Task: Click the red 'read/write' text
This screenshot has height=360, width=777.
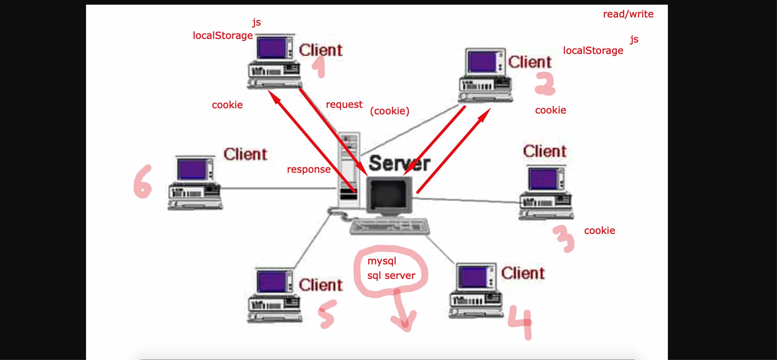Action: (x=628, y=14)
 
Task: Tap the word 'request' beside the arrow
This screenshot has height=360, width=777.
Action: (x=344, y=105)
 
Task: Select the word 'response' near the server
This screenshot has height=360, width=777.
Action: (x=309, y=169)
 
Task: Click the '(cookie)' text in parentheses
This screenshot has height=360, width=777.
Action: (x=390, y=111)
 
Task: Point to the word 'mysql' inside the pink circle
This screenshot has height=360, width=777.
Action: (x=382, y=261)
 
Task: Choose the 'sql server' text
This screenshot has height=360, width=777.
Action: (x=391, y=276)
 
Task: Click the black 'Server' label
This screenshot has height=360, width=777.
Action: (x=399, y=163)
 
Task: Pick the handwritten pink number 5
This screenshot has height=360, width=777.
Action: (x=327, y=314)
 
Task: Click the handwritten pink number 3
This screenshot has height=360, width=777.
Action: (x=564, y=238)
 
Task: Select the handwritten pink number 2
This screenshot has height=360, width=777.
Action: (x=545, y=84)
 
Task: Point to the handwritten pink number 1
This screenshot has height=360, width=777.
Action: (x=320, y=66)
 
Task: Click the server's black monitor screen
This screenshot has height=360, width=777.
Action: (x=388, y=194)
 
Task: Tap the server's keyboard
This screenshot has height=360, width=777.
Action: (x=390, y=226)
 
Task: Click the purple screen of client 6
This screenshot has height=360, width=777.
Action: (x=192, y=169)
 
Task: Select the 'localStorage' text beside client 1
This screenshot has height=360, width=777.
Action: (x=223, y=36)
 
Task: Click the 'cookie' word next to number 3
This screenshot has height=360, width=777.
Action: (x=599, y=231)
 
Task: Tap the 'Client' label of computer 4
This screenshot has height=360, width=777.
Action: (x=523, y=273)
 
